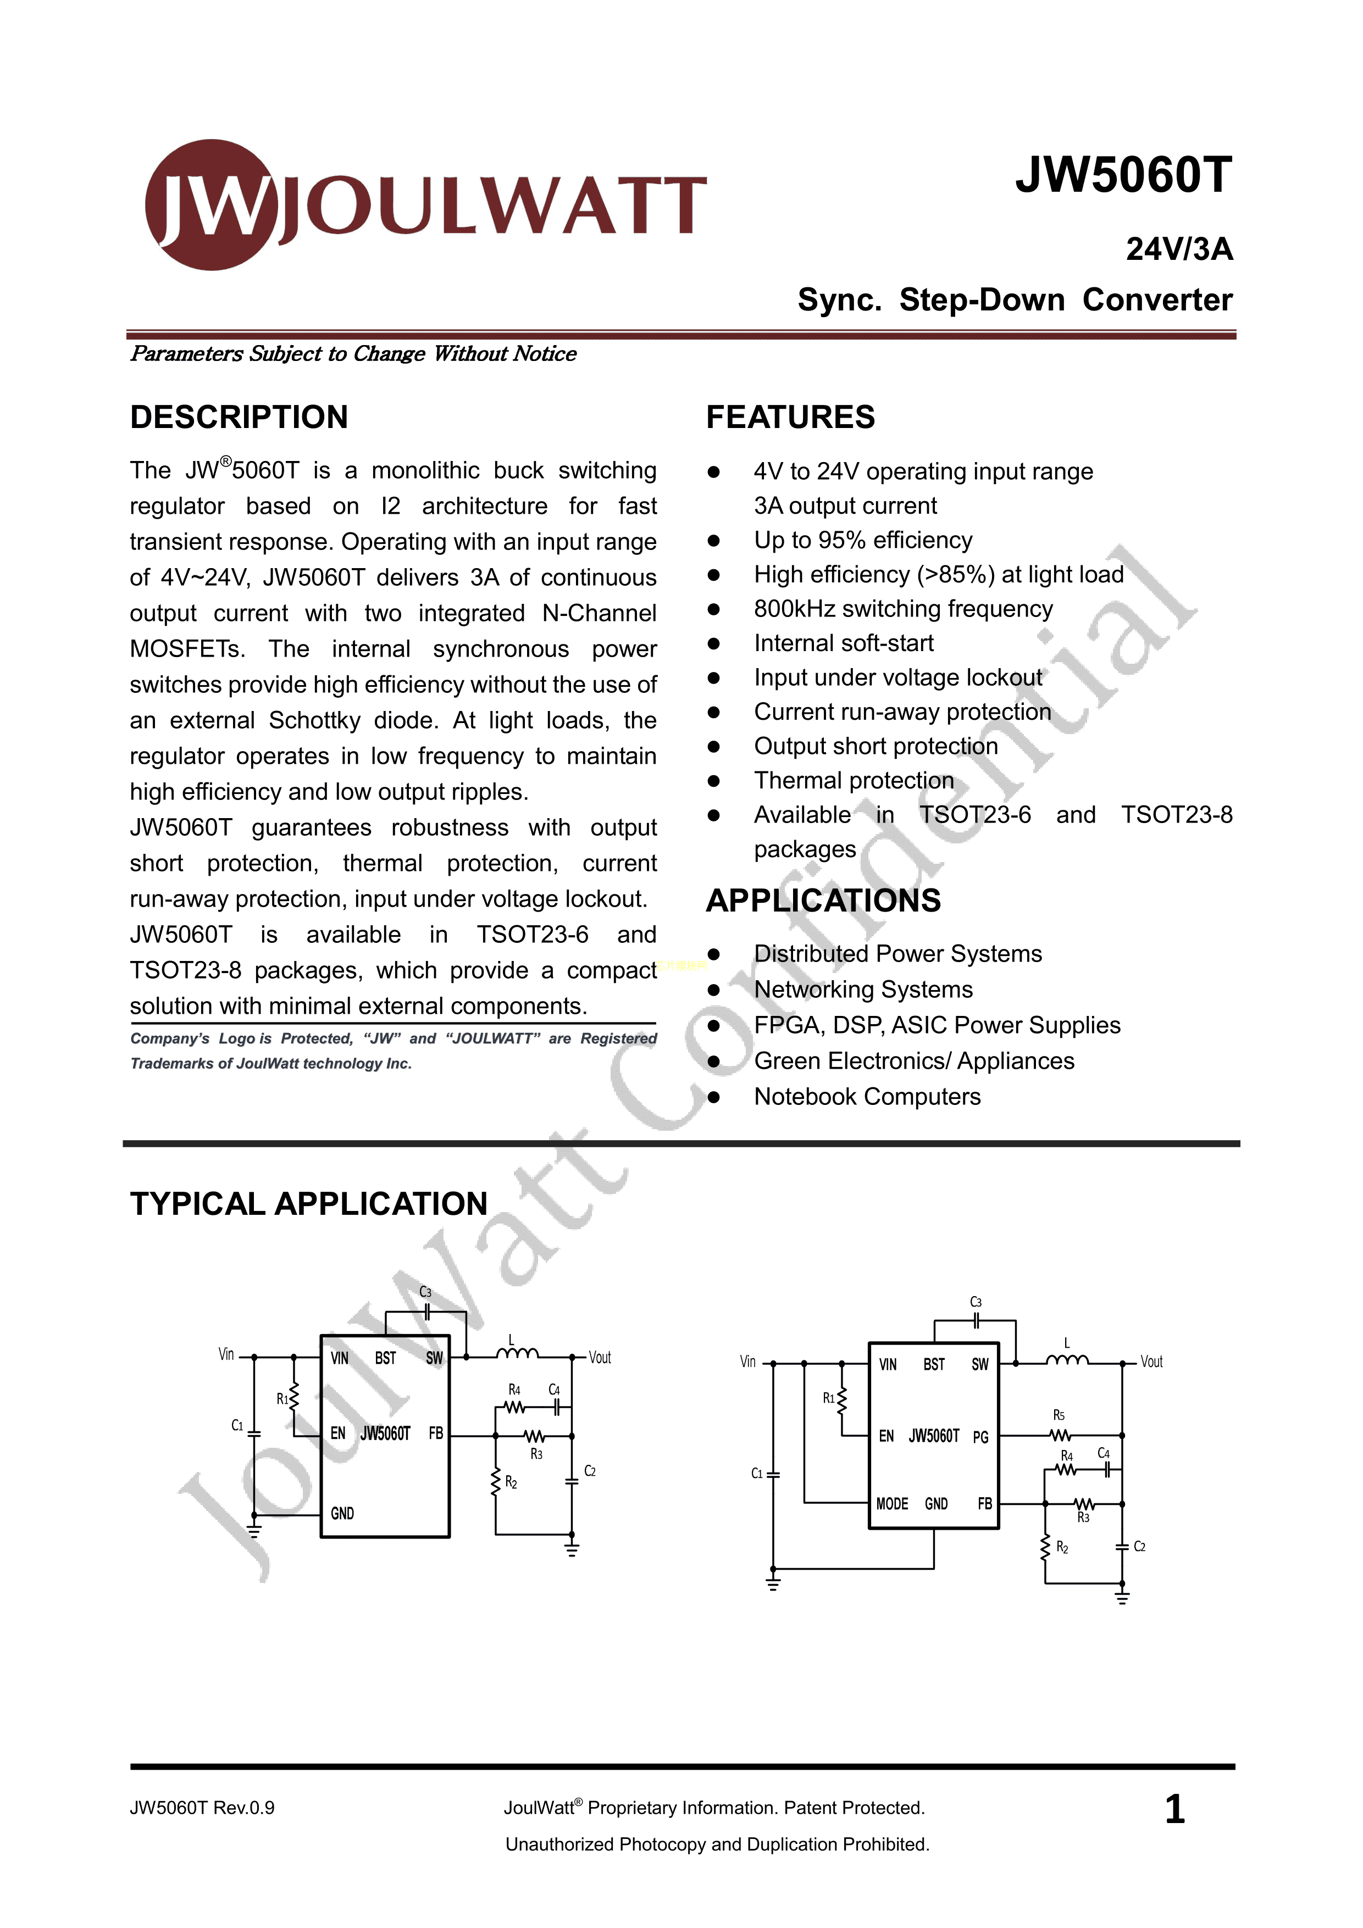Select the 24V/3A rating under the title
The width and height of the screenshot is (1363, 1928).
(1178, 249)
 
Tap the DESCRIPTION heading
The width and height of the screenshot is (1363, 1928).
(239, 418)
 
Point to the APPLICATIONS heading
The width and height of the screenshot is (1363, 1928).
(822, 900)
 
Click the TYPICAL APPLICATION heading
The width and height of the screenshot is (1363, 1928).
(308, 1203)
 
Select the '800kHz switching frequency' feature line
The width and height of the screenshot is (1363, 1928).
(903, 609)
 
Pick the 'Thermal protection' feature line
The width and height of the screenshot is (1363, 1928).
(853, 781)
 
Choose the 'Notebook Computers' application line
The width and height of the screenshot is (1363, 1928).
(867, 1097)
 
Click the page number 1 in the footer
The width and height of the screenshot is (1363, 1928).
(1174, 1809)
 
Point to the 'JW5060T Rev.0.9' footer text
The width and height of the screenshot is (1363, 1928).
(202, 1808)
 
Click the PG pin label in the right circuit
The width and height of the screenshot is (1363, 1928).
(980, 1437)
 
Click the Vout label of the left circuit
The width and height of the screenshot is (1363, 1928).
(600, 1358)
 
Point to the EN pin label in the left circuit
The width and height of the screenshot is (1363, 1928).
(337, 1434)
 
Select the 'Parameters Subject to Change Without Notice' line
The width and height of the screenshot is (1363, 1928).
(353, 353)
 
